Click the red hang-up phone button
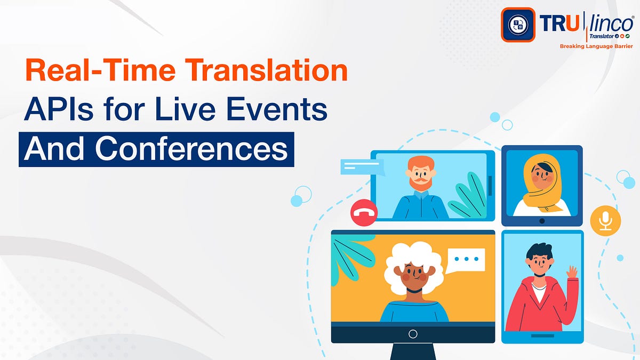click(x=364, y=213)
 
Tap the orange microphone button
click(x=605, y=220)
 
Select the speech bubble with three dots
click(x=466, y=260)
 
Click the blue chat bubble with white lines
click(x=361, y=167)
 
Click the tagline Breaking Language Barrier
click(x=596, y=46)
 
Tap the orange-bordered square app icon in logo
click(x=517, y=25)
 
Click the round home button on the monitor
click(x=413, y=334)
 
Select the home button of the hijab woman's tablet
click(x=542, y=220)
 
